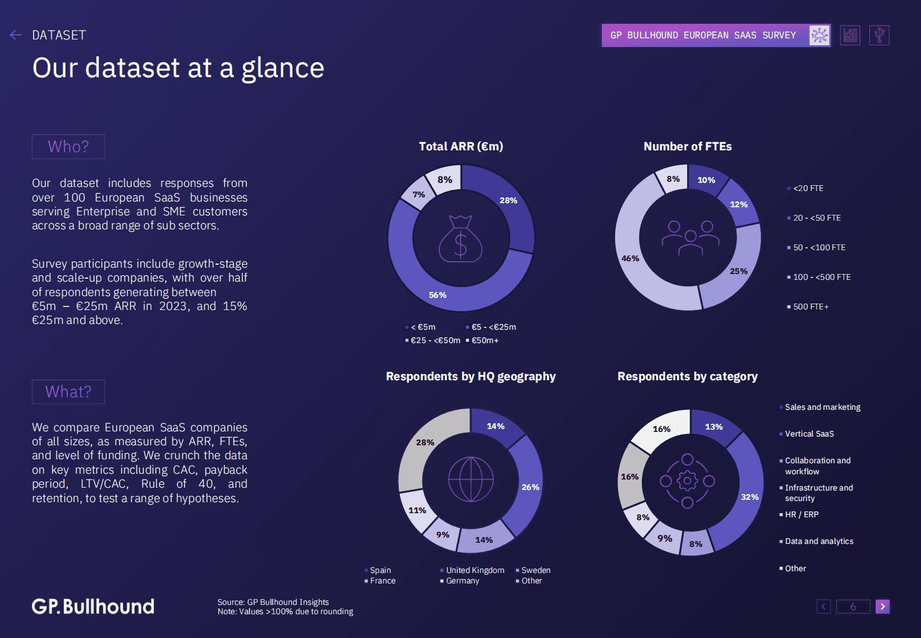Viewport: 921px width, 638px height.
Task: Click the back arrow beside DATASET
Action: tap(16, 35)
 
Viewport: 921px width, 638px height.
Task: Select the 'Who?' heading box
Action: tap(68, 147)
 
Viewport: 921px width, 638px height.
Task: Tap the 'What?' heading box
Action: tap(68, 392)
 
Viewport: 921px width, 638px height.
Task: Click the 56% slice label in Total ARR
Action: tap(438, 295)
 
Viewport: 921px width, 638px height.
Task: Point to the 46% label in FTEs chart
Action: tap(630, 258)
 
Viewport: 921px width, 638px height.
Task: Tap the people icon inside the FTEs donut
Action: tap(690, 238)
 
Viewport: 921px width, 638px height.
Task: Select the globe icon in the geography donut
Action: tap(471, 480)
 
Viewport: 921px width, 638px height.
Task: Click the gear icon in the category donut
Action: tap(688, 481)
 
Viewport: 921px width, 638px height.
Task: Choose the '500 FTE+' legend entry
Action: tap(811, 307)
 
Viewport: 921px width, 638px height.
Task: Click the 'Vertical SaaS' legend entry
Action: tap(809, 434)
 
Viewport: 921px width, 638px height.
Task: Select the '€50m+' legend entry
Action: tap(485, 340)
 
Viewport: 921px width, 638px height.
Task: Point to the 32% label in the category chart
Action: tap(750, 497)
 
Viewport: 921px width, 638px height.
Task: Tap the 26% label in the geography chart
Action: tap(530, 487)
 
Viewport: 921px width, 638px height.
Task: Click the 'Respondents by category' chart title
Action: tap(687, 376)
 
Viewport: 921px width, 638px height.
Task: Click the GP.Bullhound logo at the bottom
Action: tap(93, 607)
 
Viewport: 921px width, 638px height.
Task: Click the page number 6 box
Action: tap(853, 607)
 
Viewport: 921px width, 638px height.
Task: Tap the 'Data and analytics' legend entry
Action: tap(819, 541)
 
